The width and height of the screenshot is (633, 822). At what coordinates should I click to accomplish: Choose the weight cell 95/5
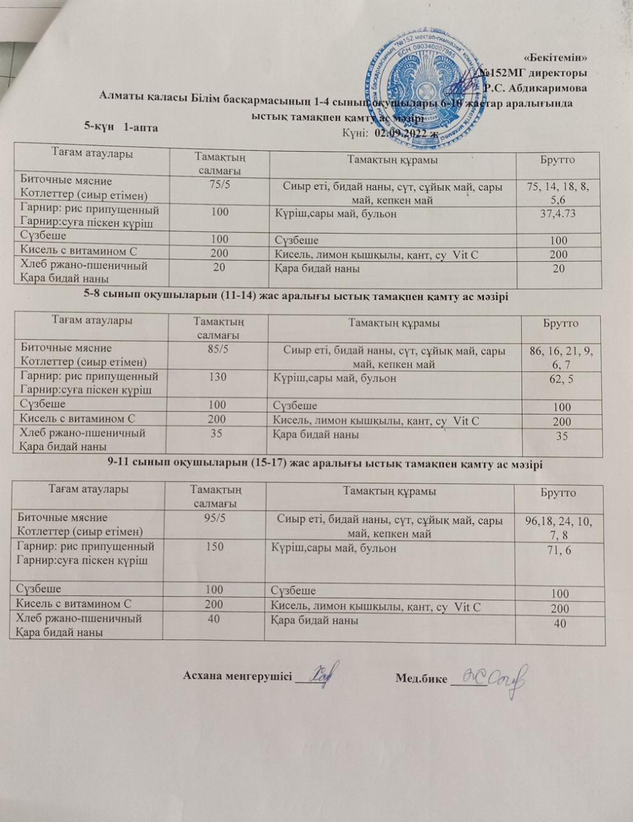click(214, 518)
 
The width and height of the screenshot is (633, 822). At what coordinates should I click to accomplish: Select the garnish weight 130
click(218, 378)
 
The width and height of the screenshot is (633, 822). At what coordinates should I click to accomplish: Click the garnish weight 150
click(214, 547)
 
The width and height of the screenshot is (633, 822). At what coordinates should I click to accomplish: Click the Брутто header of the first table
click(558, 160)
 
